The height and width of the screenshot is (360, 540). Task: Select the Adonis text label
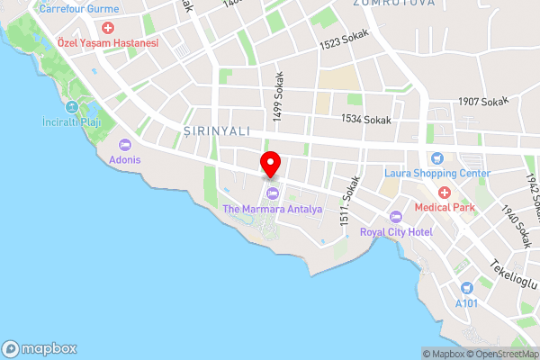pos(125,161)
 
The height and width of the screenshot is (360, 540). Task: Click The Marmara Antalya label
pos(271,210)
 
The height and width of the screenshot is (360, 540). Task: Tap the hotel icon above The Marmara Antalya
pos(271,194)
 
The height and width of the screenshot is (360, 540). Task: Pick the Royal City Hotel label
pos(397,231)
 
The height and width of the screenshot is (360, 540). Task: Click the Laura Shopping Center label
pos(437,173)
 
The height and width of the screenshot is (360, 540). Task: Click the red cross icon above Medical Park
pos(443,193)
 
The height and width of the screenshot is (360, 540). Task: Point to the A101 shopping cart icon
pos(466,288)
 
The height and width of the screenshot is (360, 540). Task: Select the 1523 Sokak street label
pos(345,44)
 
